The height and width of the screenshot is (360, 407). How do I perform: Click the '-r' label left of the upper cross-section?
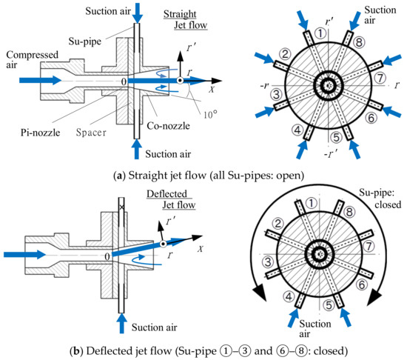pos(259,85)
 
